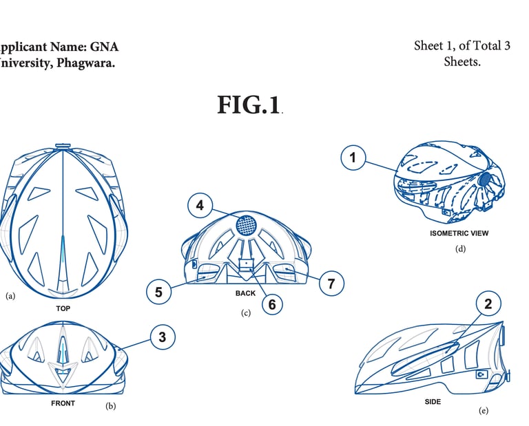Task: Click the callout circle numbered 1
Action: tap(353, 158)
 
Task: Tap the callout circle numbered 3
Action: tap(162, 337)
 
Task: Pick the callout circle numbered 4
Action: tap(200, 205)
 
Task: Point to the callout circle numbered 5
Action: tap(158, 292)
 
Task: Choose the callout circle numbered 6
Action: tap(272, 303)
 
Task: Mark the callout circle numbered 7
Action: tap(331, 284)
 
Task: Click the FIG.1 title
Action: tap(249, 105)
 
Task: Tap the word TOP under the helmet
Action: tap(63, 309)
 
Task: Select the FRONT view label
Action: tap(63, 403)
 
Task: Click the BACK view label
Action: tap(245, 293)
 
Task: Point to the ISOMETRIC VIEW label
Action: tap(459, 233)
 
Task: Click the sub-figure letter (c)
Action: tap(246, 313)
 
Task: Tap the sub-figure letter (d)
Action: tap(461, 248)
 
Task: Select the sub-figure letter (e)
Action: tap(483, 411)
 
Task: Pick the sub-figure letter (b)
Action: tap(110, 406)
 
